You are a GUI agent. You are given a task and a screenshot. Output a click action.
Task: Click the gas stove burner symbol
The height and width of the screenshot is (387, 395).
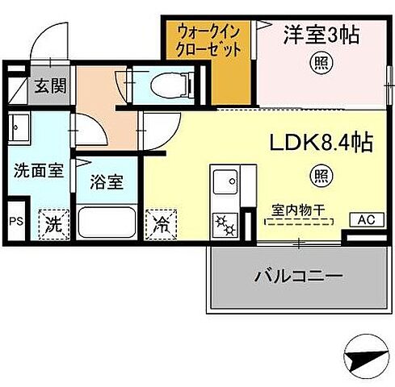(x=222, y=223)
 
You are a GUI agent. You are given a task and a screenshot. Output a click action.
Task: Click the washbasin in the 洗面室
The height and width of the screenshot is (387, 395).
(x=18, y=127)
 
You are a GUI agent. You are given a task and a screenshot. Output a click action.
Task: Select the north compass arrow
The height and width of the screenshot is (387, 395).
(x=359, y=356)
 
